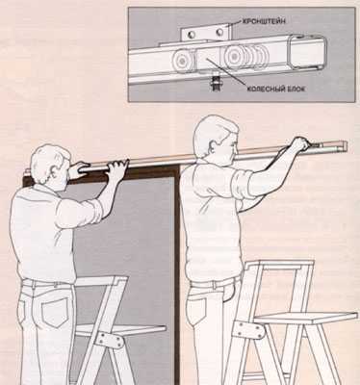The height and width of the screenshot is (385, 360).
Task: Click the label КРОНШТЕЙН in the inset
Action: click(x=263, y=21)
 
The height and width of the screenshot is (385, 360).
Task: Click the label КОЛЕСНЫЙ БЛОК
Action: click(x=275, y=89)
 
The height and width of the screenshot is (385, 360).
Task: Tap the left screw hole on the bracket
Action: click(x=192, y=34)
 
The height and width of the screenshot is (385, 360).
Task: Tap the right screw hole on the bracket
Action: click(x=219, y=33)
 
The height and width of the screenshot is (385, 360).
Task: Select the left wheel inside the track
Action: click(x=182, y=61)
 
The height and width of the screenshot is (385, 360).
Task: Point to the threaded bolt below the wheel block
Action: click(x=212, y=84)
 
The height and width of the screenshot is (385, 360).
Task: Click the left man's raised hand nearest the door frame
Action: click(x=118, y=167)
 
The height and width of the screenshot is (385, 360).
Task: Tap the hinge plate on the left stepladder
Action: click(x=110, y=340)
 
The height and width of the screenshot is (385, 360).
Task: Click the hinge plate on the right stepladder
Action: click(x=248, y=330)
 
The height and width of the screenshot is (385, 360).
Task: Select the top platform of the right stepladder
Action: click(x=278, y=264)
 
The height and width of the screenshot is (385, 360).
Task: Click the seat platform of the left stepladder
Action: click(x=122, y=330)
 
